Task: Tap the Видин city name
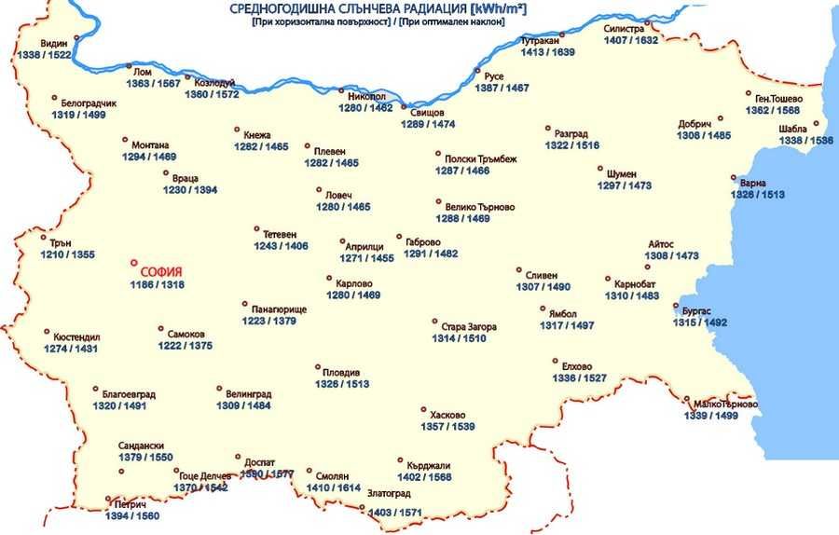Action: tap(54, 44)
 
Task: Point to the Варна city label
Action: tap(752, 183)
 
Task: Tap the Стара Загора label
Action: tap(469, 327)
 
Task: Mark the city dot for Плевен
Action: tap(307, 146)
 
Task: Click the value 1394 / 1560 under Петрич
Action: tap(132, 515)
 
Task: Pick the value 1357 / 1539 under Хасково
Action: tap(447, 427)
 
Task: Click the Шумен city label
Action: tap(621, 174)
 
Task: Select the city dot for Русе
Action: tap(477, 71)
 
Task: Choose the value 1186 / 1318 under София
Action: tap(157, 284)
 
